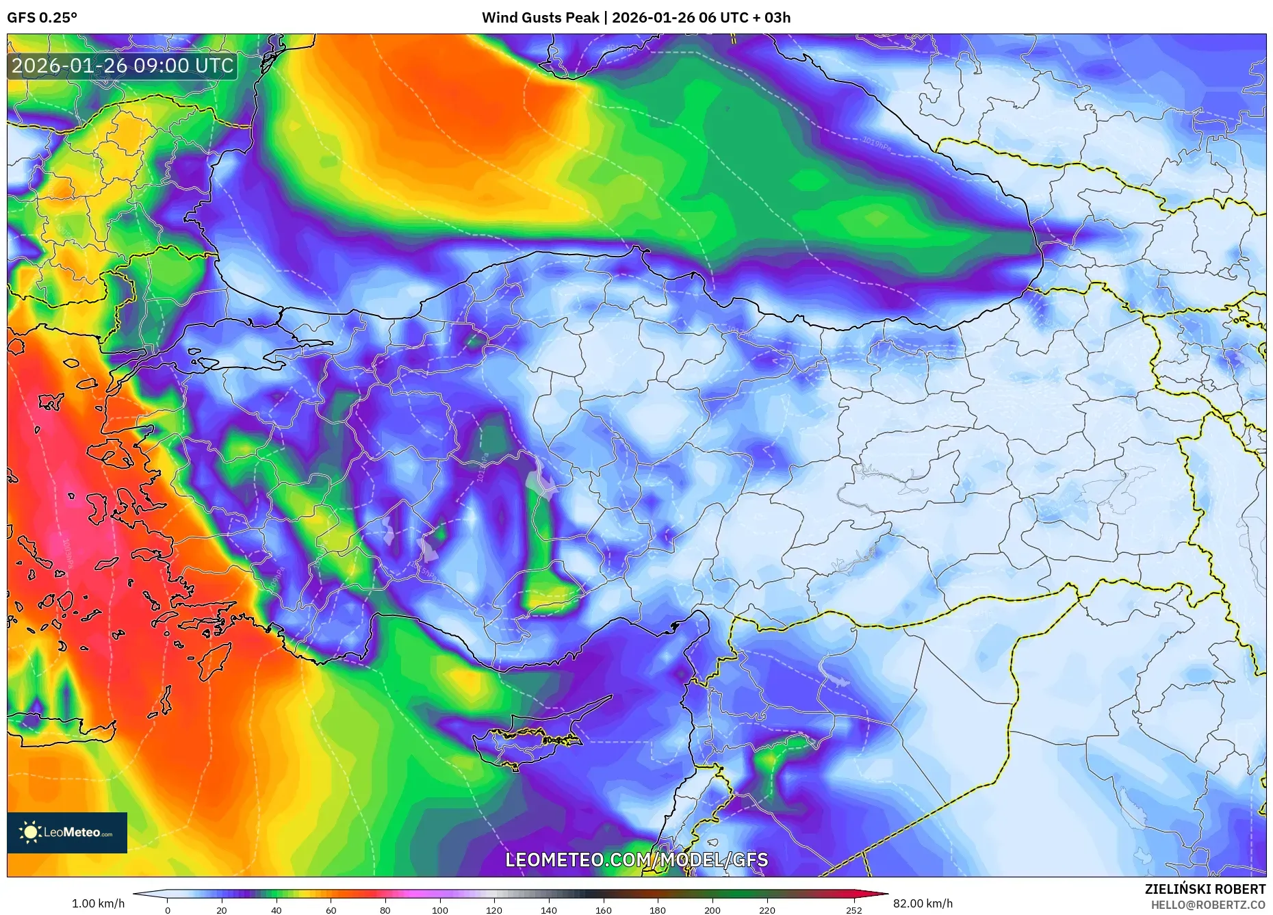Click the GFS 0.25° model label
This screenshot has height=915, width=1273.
(42, 18)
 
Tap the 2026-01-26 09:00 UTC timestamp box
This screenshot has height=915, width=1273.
(123, 66)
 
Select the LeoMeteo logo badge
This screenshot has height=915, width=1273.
(67, 832)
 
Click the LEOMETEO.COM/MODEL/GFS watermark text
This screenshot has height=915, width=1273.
(636, 860)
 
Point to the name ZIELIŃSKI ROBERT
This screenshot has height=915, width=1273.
(1205, 889)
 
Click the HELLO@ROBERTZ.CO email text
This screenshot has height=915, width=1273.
(1208, 905)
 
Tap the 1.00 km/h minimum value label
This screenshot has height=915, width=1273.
(98, 903)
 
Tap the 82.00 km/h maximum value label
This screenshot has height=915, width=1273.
(923, 903)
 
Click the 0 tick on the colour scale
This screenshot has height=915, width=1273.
(167, 910)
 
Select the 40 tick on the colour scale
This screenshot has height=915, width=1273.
(276, 910)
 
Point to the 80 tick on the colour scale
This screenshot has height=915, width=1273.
(385, 910)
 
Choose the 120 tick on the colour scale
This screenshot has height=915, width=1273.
(494, 910)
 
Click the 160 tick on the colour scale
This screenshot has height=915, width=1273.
(603, 910)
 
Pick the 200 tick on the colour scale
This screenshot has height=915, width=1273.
(712, 910)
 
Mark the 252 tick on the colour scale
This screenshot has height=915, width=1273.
(853, 910)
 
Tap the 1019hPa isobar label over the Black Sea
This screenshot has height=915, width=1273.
(877, 144)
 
